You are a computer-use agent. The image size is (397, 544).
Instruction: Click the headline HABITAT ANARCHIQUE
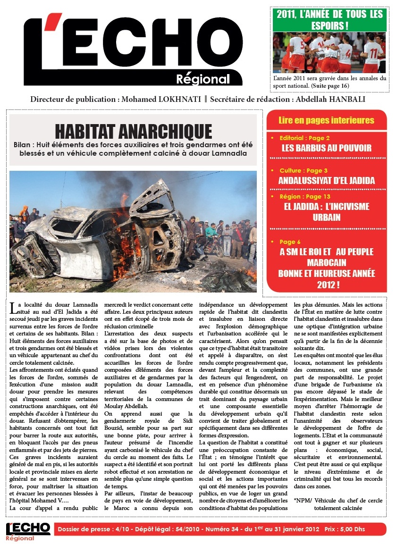(x=133, y=131)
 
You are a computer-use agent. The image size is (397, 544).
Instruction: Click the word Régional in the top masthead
(x=203, y=79)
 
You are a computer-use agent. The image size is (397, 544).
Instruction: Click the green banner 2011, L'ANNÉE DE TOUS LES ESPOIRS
(x=329, y=20)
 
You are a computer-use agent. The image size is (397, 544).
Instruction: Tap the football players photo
(x=329, y=52)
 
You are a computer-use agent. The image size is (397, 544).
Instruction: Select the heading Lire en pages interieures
(x=326, y=120)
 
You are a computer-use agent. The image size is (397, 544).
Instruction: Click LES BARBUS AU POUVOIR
(x=326, y=148)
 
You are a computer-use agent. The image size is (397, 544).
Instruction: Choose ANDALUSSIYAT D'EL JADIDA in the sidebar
(x=326, y=180)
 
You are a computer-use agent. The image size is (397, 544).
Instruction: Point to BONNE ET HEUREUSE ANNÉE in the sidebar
(x=326, y=274)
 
